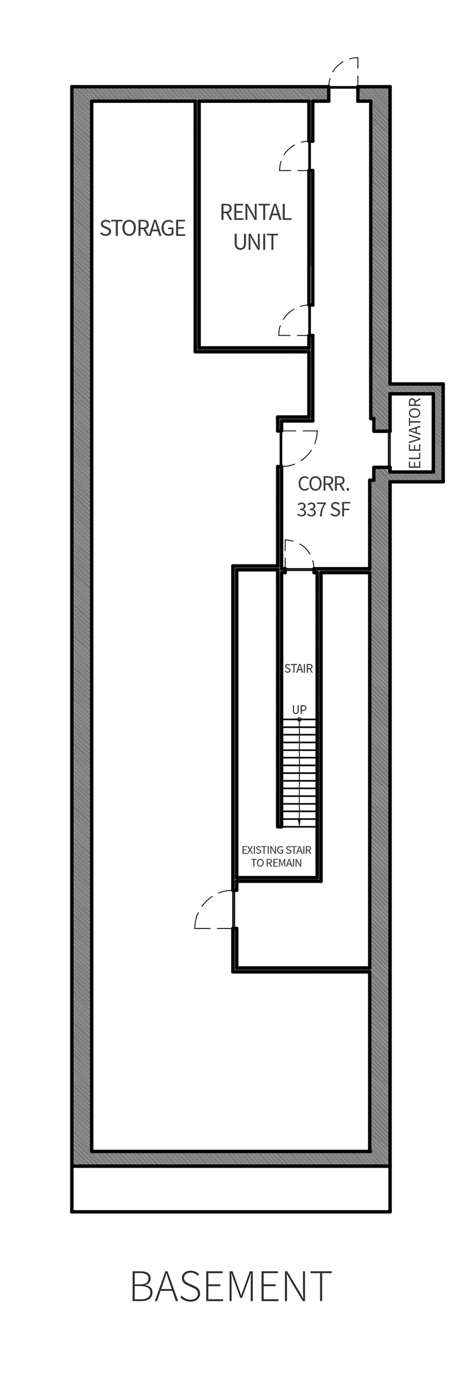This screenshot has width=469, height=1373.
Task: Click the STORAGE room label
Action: (142, 228)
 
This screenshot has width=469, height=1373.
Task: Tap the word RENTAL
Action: (256, 212)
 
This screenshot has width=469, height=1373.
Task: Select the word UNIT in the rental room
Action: (256, 242)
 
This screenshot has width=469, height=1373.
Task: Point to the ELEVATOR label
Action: (415, 433)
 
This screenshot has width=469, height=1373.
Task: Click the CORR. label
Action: (324, 484)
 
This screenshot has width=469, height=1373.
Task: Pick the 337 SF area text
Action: (324, 509)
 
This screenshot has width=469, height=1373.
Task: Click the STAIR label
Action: (299, 668)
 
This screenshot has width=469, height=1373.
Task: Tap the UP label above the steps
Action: (299, 709)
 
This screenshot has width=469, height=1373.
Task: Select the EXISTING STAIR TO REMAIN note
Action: (276, 856)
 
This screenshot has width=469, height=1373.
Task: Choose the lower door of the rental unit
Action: (295, 320)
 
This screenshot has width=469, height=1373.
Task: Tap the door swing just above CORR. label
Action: (298, 447)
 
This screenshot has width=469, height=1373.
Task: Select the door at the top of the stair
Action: (299, 555)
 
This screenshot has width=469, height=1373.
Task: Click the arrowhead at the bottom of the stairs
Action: (299, 822)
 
